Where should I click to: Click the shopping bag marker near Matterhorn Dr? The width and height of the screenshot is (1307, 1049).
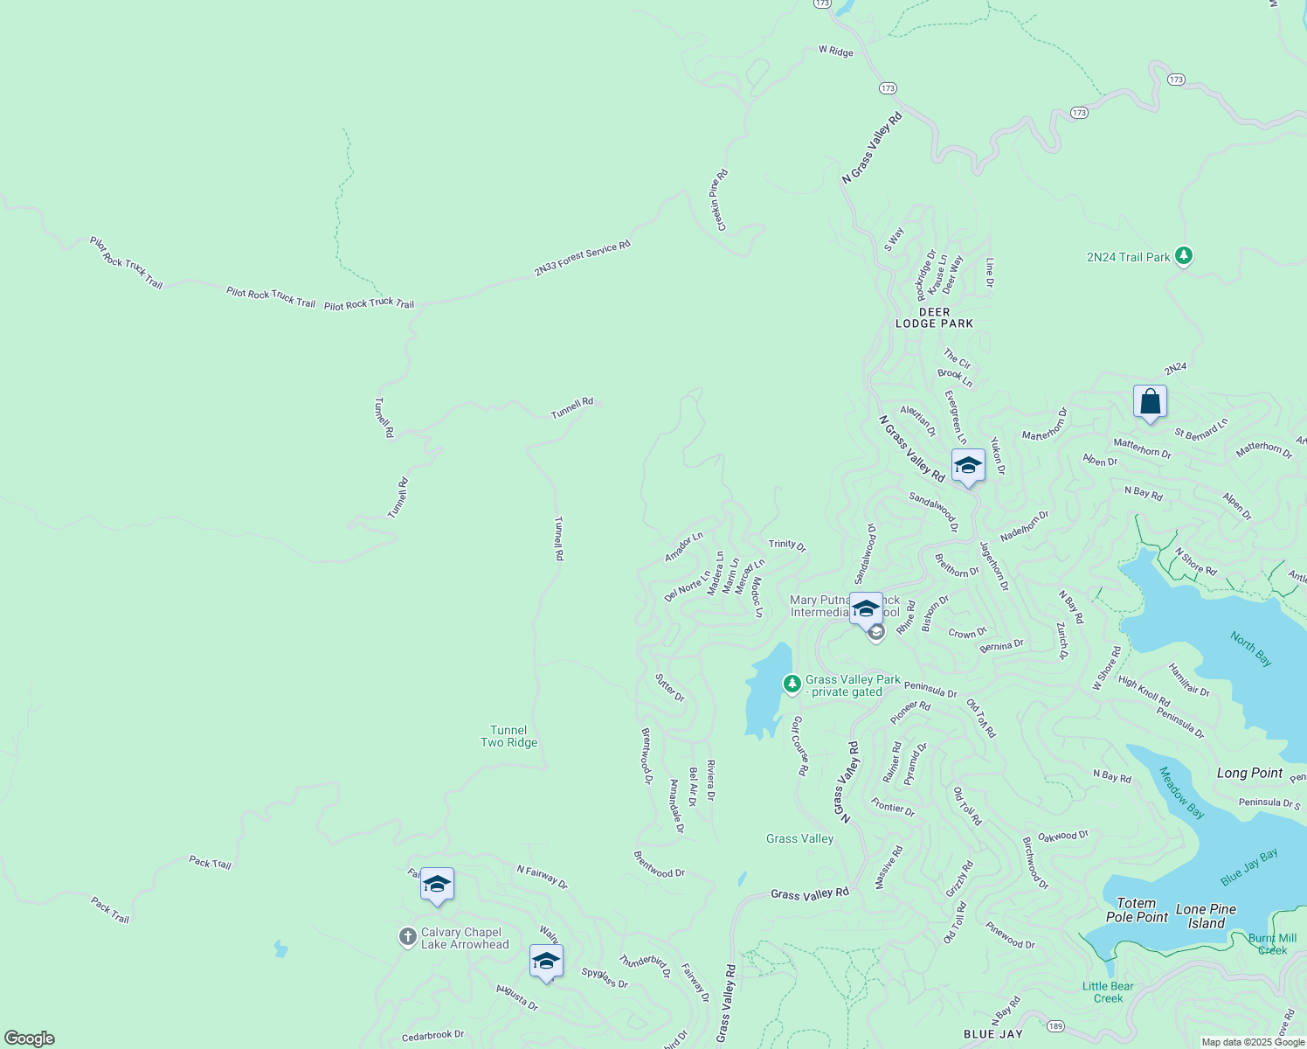click(1150, 402)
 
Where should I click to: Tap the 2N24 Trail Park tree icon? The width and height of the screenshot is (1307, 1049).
click(1184, 256)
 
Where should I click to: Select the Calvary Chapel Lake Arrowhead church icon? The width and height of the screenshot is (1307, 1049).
click(407, 938)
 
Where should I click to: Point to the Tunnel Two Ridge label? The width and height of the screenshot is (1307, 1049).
click(508, 736)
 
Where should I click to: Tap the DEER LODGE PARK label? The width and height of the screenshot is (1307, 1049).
click(934, 317)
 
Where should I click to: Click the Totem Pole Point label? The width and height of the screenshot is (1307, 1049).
click(1137, 910)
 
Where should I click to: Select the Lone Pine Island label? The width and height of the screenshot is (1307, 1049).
click(1206, 916)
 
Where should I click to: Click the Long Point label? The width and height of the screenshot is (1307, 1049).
click(1249, 773)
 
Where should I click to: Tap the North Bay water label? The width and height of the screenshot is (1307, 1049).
click(1251, 649)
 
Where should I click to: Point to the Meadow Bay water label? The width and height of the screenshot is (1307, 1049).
click(1181, 793)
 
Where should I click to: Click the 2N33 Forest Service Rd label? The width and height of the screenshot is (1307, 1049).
click(582, 259)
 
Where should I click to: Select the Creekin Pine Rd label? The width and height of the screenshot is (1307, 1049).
click(718, 199)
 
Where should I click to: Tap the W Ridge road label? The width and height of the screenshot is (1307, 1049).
click(835, 51)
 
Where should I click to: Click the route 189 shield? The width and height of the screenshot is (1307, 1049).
click(1055, 1025)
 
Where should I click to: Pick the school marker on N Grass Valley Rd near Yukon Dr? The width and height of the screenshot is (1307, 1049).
click(967, 466)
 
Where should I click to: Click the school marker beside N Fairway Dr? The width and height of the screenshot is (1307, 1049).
click(437, 885)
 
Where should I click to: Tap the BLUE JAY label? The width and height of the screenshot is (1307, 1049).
click(992, 1034)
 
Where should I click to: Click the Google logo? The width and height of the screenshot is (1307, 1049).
click(30, 1039)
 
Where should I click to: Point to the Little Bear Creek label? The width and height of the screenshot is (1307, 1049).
click(1108, 992)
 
